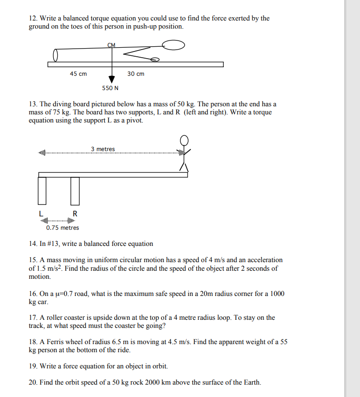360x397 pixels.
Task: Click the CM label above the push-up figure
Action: (x=112, y=45)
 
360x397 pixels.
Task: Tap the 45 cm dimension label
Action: (x=78, y=74)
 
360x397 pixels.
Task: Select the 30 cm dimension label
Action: (x=136, y=74)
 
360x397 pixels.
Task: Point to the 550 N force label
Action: (x=110, y=88)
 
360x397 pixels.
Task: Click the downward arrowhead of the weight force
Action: (x=112, y=79)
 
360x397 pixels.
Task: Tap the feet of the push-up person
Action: (x=55, y=56)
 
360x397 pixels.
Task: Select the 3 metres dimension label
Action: (x=103, y=149)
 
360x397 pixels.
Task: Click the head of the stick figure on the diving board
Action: (x=184, y=140)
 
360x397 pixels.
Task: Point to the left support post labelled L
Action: (x=42, y=190)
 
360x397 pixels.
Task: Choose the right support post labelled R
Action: (x=75, y=190)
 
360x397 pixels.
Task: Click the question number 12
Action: (x=33, y=19)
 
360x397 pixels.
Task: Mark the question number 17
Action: (x=33, y=318)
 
